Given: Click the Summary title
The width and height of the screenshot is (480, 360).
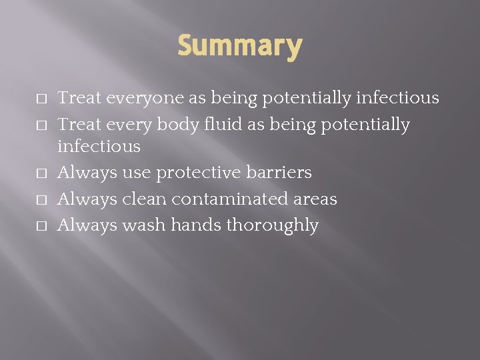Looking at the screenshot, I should point(240,47).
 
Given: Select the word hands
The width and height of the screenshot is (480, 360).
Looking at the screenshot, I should point(196,225).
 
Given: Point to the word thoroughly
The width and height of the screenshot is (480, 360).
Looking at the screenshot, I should point(272,226).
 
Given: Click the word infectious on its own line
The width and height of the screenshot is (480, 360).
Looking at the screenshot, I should point(99,146).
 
